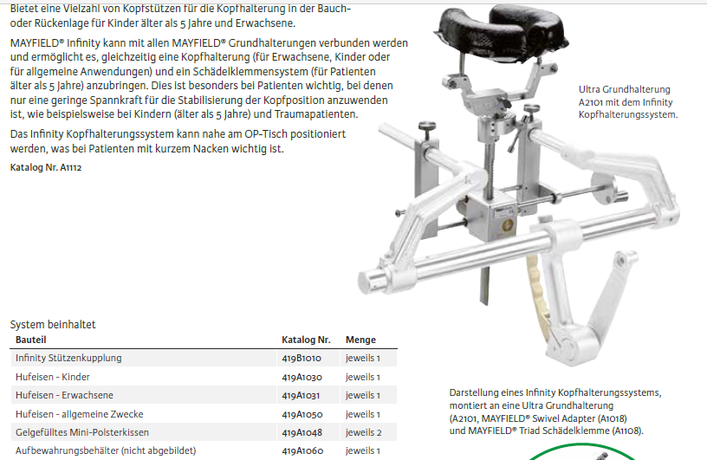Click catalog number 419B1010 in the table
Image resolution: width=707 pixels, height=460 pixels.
[x=302, y=358]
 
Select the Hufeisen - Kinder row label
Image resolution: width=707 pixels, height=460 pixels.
[x=52, y=377]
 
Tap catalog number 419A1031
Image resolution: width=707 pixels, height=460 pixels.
[x=301, y=396]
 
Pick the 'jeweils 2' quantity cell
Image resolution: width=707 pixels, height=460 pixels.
[x=363, y=432]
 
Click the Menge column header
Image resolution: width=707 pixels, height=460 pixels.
[x=360, y=340]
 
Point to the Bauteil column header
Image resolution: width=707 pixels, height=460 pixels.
[x=30, y=340]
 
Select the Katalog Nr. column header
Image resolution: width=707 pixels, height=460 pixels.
[x=306, y=340]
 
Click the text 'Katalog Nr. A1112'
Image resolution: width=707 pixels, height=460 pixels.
[x=46, y=167]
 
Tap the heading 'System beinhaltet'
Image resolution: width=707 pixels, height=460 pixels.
[x=53, y=324]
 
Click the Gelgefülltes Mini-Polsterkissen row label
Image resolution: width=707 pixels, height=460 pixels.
[x=82, y=432]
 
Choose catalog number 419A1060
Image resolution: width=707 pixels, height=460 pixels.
[x=302, y=450]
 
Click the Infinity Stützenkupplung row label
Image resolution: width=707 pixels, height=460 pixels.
[x=68, y=358]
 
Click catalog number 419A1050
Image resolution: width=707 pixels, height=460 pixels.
[x=302, y=414]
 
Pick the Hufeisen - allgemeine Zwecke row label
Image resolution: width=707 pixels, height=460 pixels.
[x=80, y=414]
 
